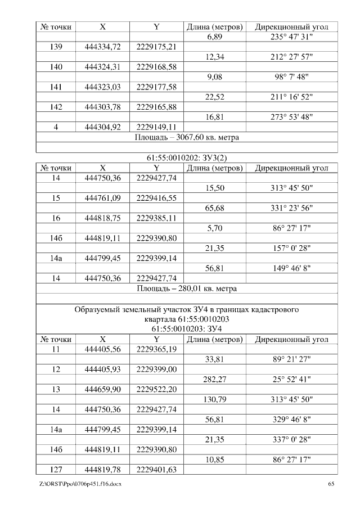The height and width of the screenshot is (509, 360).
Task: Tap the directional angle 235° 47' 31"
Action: pyautogui.click(x=292, y=37)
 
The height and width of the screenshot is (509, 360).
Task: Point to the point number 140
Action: pyautogui.click(x=56, y=67)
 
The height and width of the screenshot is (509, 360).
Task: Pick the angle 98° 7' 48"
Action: pyautogui.click(x=292, y=77)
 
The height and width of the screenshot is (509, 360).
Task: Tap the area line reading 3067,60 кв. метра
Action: pyautogui.click(x=187, y=137)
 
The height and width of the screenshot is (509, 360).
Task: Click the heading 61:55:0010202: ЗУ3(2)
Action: pyautogui.click(x=187, y=159)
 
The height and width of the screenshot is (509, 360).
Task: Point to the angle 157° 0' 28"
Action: pyautogui.click(x=292, y=249)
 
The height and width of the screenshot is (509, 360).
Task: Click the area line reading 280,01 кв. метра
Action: pyautogui.click(x=187, y=289)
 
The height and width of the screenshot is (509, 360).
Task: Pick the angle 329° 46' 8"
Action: pyautogui.click(x=292, y=419)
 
